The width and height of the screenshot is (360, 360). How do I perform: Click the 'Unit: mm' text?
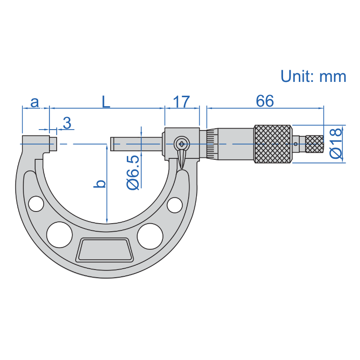(x=313, y=76)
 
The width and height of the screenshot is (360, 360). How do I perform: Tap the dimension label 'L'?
(x=105, y=102)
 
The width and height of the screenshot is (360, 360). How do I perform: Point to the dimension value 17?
(x=181, y=102)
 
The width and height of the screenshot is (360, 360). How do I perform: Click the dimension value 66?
(x=265, y=101)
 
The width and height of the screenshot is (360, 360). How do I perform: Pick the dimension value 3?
(x=67, y=123)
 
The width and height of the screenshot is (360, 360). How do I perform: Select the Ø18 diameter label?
(x=336, y=143)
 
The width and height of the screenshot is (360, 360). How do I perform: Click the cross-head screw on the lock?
(x=181, y=144)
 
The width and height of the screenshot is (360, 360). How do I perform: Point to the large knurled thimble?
(x=273, y=144)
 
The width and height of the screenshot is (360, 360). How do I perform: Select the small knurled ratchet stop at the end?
(x=314, y=144)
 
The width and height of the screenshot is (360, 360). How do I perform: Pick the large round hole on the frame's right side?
(x=150, y=235)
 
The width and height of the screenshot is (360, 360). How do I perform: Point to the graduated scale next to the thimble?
(x=210, y=144)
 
